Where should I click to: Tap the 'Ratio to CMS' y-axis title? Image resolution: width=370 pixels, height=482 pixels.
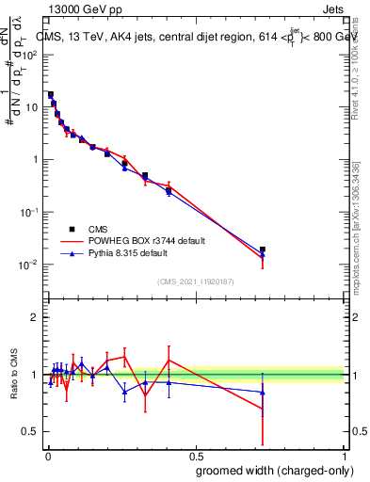click(x=14, y=375)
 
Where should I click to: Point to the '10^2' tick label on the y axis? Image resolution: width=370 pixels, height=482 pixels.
click(x=30, y=55)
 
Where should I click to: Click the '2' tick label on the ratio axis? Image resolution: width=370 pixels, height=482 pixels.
click(x=34, y=317)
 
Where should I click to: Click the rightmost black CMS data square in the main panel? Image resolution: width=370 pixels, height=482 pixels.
click(x=263, y=249)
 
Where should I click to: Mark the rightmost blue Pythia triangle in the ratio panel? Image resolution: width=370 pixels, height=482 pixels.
click(x=263, y=392)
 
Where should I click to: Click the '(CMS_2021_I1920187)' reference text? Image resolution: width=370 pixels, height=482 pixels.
click(x=197, y=281)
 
